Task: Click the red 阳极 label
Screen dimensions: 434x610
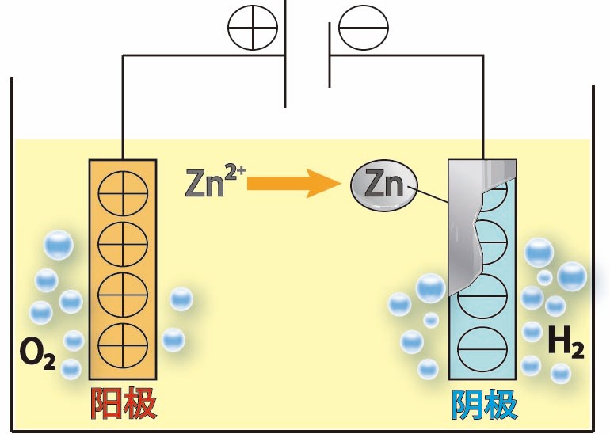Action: pyautogui.click(x=124, y=405)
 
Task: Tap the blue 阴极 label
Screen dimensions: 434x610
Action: pyautogui.click(x=484, y=405)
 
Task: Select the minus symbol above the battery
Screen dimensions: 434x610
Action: pyautogui.click(x=364, y=29)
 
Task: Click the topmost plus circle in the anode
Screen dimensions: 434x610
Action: pyautogui.click(x=123, y=193)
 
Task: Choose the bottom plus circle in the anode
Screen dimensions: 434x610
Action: pyautogui.click(x=123, y=343)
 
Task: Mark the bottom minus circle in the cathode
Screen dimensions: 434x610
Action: pyautogui.click(x=483, y=345)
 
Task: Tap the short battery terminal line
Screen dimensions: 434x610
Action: pyautogui.click(x=330, y=55)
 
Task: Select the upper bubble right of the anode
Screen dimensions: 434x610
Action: pyautogui.click(x=181, y=299)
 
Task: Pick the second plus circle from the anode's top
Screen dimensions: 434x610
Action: pyautogui.click(x=123, y=243)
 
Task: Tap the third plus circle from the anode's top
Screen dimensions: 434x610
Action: pyautogui.click(x=123, y=293)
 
